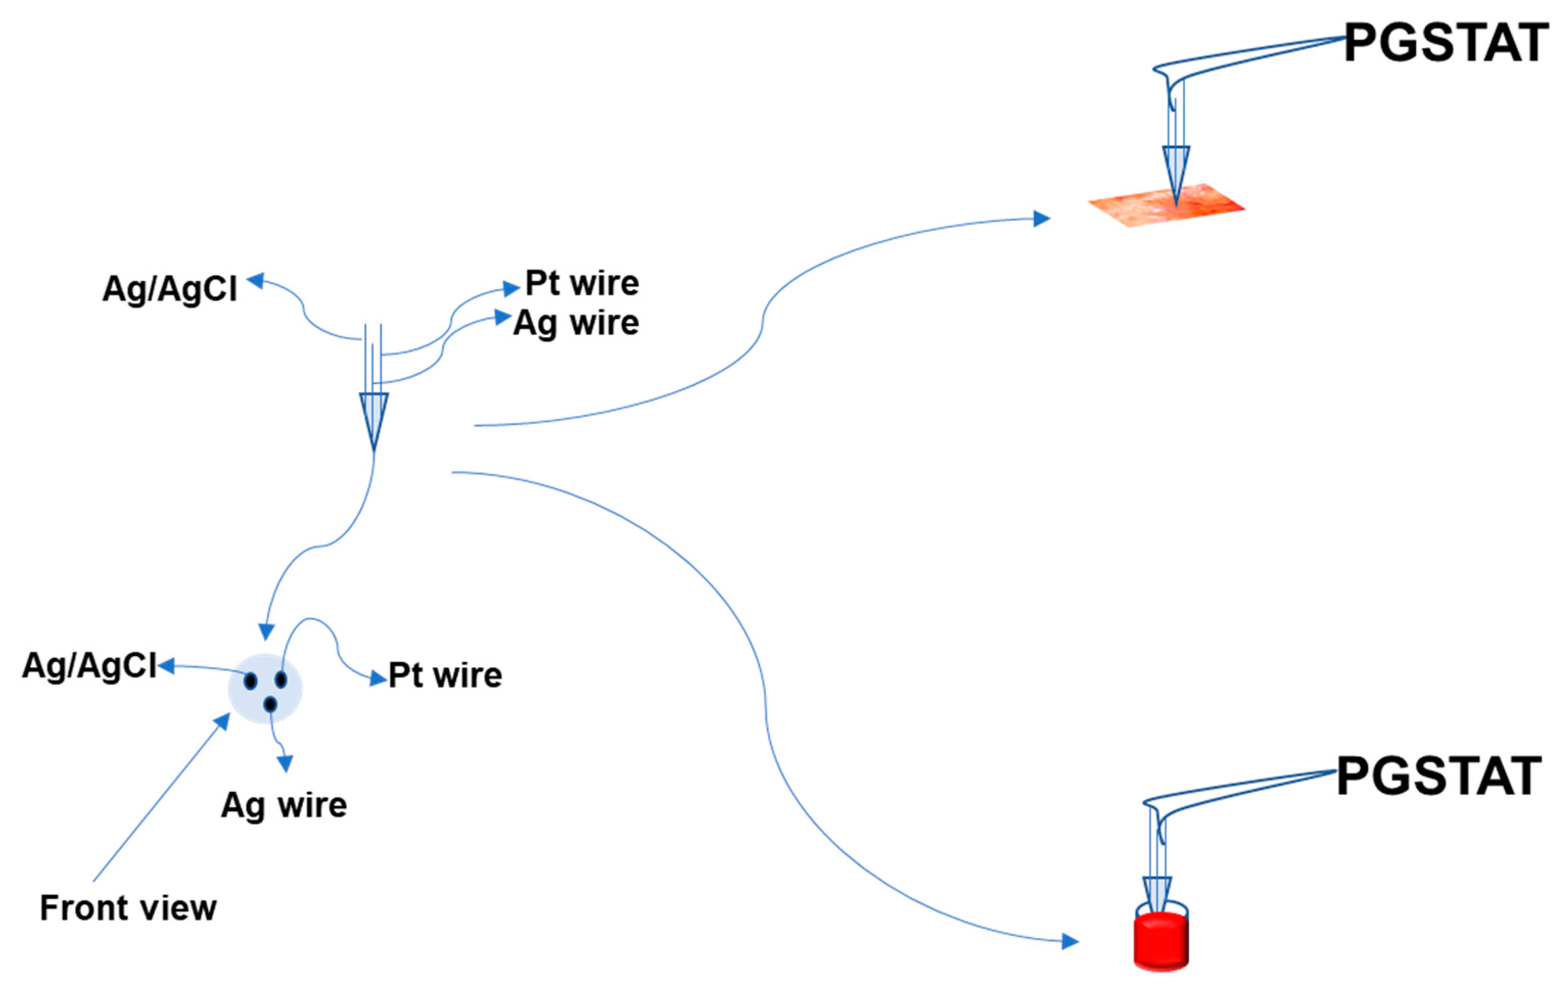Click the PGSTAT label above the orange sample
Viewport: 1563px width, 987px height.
[1445, 43]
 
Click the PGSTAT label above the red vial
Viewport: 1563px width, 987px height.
[1437, 776]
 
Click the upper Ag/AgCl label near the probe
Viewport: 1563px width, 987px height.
[170, 289]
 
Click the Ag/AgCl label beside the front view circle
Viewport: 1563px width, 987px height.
[89, 666]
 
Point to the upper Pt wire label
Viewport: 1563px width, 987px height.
[581, 284]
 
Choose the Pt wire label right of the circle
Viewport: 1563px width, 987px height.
[445, 675]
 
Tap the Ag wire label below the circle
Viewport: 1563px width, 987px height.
[284, 805]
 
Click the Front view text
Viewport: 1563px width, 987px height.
[128, 908]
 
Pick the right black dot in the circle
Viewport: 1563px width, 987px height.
[281, 679]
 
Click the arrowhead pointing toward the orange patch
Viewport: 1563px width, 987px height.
[1041, 218]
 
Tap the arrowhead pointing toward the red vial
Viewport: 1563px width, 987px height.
[1070, 941]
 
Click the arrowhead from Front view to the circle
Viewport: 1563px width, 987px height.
[223, 721]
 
